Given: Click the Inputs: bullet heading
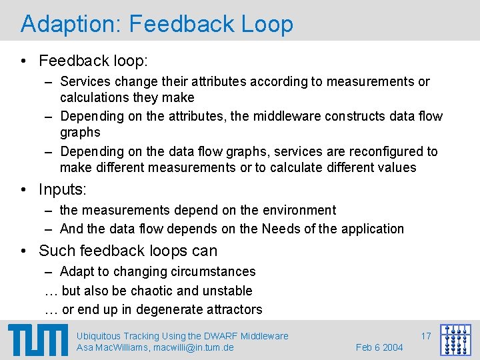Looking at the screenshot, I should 63,189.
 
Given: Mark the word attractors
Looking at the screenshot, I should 234,309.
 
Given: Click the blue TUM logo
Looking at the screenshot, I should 38,340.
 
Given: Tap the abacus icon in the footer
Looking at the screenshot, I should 456,340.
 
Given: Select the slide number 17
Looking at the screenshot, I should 425,336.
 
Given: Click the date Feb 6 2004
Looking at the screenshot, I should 379,347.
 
